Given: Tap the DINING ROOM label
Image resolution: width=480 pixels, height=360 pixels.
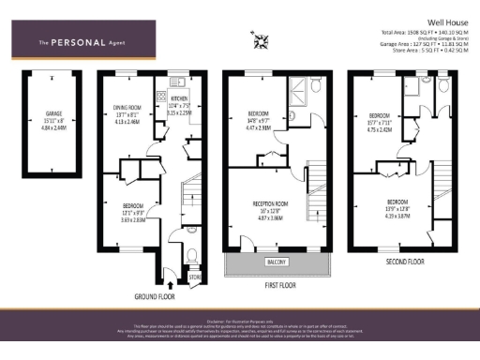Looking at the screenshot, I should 126,106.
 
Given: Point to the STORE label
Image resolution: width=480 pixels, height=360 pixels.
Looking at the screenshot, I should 195,277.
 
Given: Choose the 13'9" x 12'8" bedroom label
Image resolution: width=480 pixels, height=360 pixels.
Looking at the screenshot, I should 398,201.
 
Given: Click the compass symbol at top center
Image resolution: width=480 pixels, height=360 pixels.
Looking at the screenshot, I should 261,40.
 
